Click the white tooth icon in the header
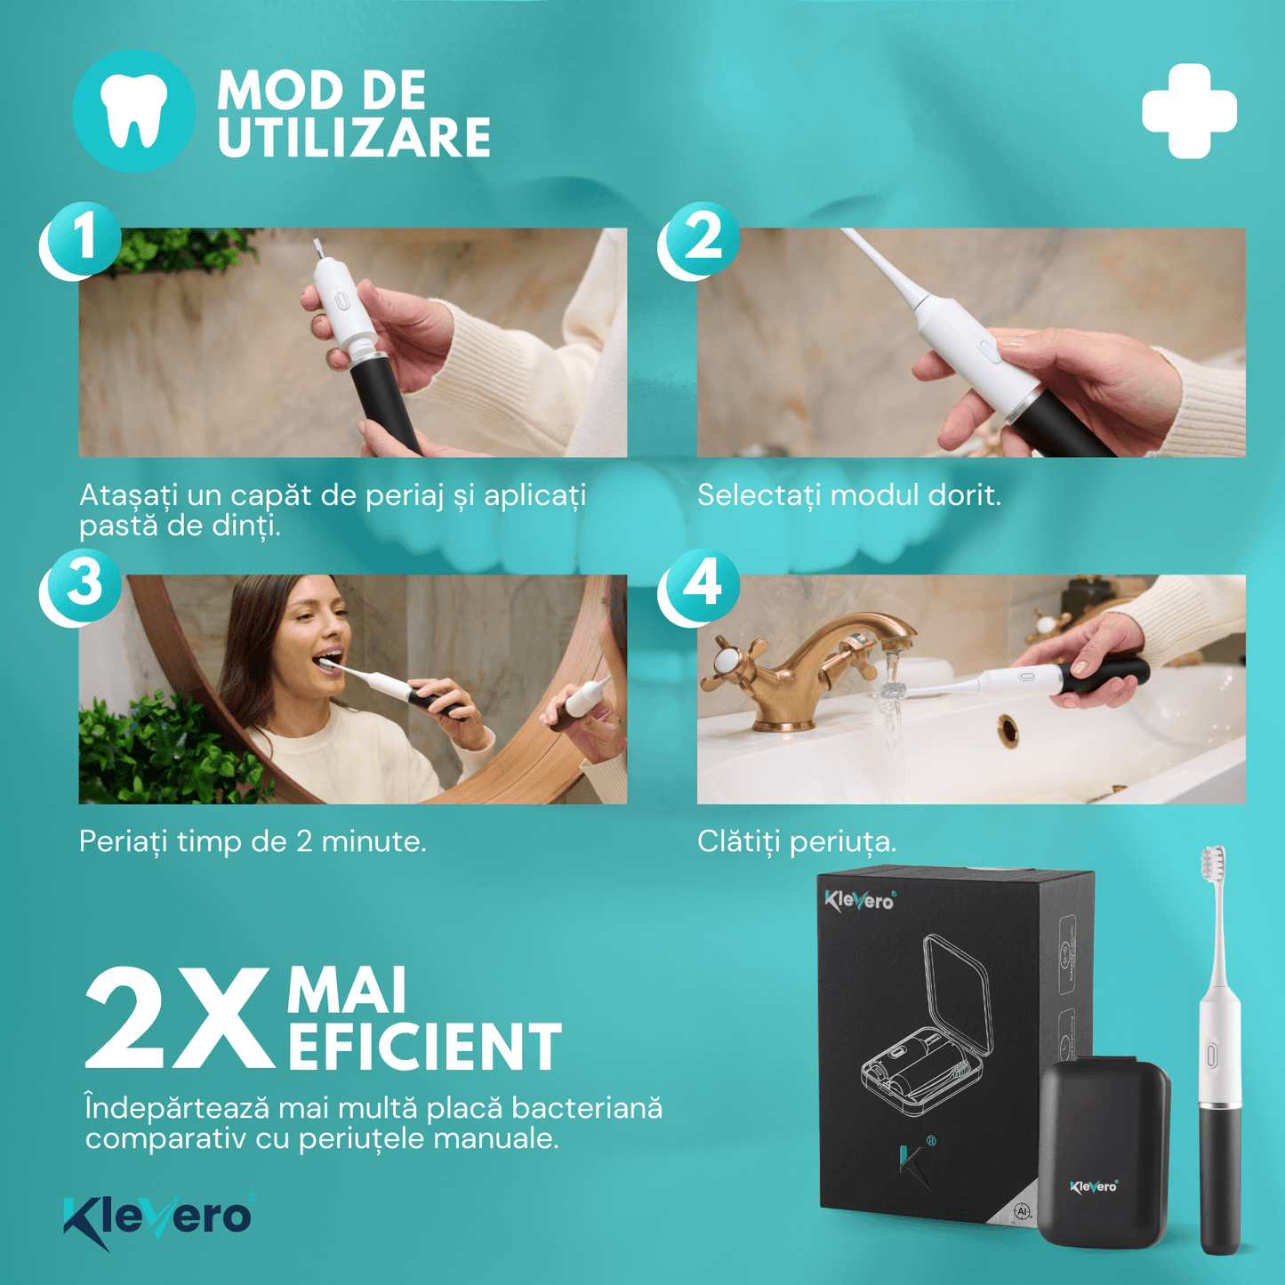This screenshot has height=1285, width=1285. [x=133, y=110]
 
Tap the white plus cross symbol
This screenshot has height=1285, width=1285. [x=1189, y=111]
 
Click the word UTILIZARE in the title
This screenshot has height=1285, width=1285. [x=354, y=138]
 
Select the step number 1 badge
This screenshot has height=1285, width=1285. [x=81, y=240]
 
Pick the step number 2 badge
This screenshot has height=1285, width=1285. [x=700, y=240]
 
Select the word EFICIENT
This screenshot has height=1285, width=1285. [x=425, y=1047]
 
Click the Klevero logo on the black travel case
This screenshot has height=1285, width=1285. [x=1094, y=1186]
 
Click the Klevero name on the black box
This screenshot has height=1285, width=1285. [x=860, y=900]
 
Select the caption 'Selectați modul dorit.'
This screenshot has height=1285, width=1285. [x=849, y=495]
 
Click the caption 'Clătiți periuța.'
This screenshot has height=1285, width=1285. [x=797, y=841]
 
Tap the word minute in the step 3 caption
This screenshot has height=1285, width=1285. [x=373, y=841]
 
